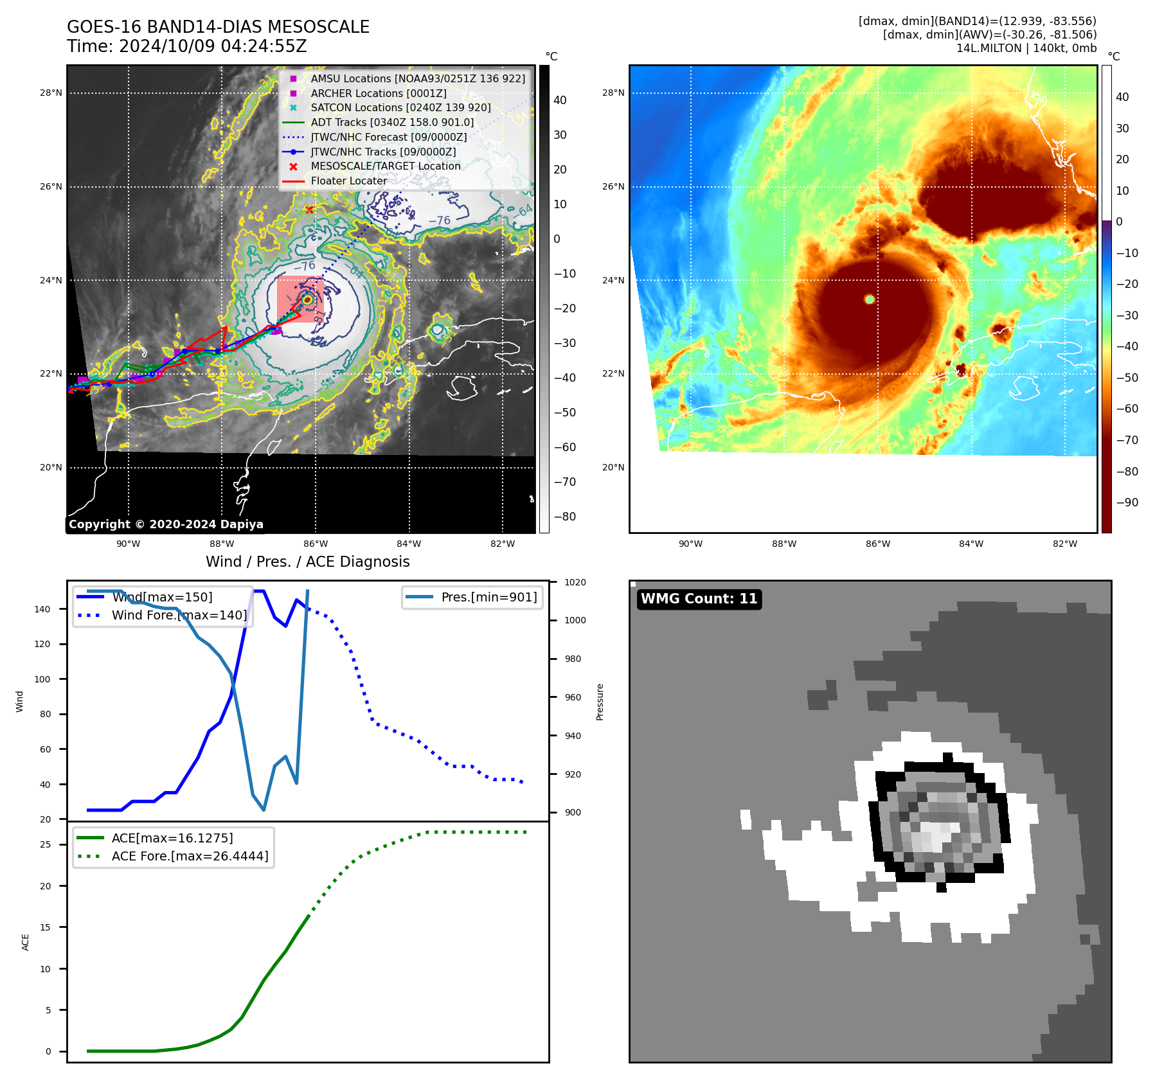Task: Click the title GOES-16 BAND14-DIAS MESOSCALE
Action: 218,27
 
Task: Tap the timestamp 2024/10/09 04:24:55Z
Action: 213,46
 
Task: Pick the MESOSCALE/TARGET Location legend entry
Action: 385,166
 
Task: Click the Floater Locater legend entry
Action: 348,181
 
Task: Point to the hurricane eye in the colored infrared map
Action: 870,299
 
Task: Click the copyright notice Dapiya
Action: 166,524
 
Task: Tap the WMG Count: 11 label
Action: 699,599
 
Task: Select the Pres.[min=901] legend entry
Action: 488,597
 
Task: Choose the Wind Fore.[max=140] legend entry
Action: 179,615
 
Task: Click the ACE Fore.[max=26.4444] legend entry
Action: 190,856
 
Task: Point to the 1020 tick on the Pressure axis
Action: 575,582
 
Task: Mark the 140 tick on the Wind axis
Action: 42,609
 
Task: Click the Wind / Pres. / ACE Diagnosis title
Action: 307,562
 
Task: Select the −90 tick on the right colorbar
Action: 1127,503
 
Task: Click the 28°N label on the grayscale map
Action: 51,93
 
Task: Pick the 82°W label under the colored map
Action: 1064,544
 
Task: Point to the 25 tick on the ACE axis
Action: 45,844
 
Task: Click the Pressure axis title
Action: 600,702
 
